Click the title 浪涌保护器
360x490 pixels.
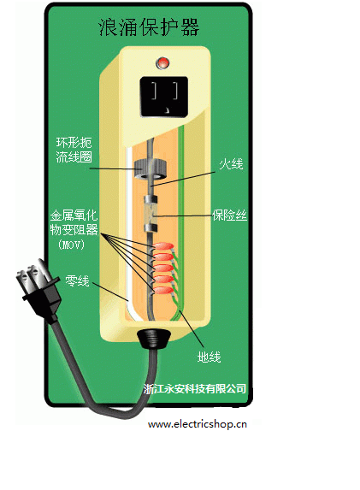point(149,27)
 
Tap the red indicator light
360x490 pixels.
point(162,63)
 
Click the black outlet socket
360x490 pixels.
point(163,97)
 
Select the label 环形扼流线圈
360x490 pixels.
point(74,150)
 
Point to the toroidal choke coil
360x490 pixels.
point(150,169)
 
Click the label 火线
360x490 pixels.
point(231,163)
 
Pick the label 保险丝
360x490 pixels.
point(229,215)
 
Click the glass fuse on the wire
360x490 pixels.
point(150,214)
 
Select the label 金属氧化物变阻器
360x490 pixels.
point(74,223)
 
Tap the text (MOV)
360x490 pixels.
point(71,245)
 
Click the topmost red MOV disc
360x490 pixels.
point(163,246)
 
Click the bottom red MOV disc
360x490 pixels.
point(163,291)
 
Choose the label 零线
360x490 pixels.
point(77,280)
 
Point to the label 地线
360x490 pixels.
point(209,357)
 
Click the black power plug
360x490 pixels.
point(38,288)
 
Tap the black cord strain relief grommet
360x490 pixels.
point(153,339)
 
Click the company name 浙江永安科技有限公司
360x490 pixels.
point(195,388)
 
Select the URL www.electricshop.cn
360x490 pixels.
point(198,424)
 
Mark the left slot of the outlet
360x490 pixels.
point(155,91)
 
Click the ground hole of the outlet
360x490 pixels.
point(168,109)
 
